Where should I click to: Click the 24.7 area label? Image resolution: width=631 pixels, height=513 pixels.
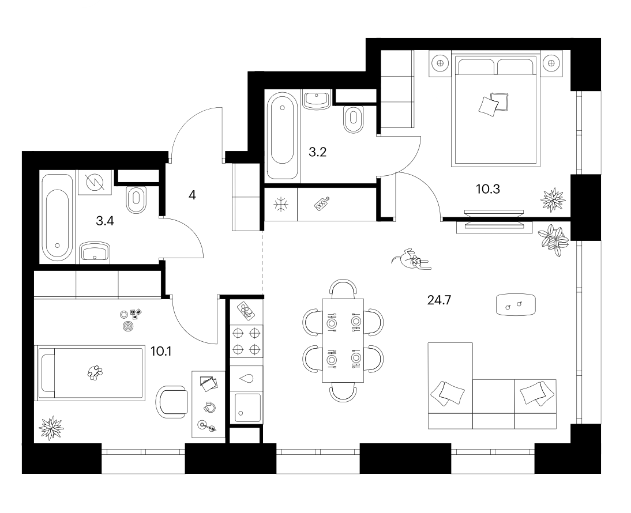pyautogui.click(x=439, y=300)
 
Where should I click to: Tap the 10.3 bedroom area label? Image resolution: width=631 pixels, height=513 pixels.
pyautogui.click(x=488, y=189)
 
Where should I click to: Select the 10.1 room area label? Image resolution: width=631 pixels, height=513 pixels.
pyautogui.click(x=161, y=352)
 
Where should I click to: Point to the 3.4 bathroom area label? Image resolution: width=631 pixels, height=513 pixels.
pyautogui.click(x=104, y=220)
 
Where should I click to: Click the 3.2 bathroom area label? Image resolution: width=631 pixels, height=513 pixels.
pyautogui.click(x=317, y=152)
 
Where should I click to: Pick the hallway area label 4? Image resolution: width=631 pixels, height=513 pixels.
pyautogui.click(x=192, y=195)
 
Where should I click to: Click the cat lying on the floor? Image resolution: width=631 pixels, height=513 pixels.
pyautogui.click(x=411, y=259)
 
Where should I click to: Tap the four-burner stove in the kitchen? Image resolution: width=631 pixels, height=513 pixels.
pyautogui.click(x=246, y=341)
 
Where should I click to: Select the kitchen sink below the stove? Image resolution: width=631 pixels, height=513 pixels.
pyautogui.click(x=246, y=408)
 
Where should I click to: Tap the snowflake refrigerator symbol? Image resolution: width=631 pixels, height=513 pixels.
pyautogui.click(x=281, y=205)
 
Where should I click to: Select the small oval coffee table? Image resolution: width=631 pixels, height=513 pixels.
pyautogui.click(x=516, y=305)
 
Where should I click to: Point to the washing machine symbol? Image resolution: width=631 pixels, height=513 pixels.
pyautogui.click(x=95, y=183)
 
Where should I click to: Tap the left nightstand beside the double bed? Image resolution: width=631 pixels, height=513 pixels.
pyautogui.click(x=440, y=63)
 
